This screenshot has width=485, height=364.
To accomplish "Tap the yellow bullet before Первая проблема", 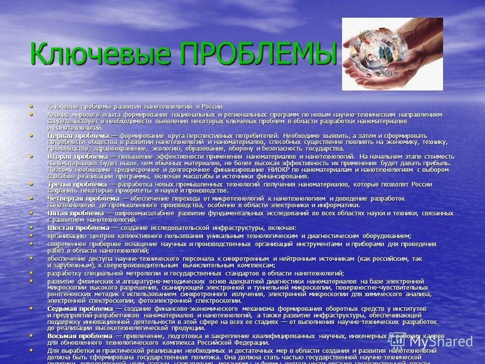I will (x=33, y=135).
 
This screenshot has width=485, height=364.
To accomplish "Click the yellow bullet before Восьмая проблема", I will (x=33, y=335).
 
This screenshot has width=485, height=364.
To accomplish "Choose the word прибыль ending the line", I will (x=439, y=163).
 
